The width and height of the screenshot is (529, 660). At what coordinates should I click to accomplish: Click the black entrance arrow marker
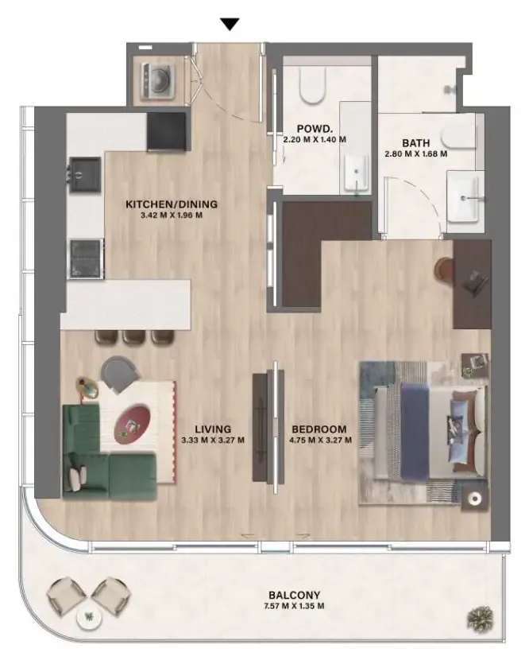(230, 24)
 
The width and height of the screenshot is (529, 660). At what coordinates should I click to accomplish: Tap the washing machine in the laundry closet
(158, 81)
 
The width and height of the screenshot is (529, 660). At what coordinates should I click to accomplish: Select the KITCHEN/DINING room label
(171, 204)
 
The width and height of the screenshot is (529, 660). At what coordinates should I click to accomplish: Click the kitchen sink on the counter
(85, 174)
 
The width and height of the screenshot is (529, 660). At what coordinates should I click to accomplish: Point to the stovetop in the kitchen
(87, 258)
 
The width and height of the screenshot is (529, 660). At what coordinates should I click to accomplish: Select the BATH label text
(416, 143)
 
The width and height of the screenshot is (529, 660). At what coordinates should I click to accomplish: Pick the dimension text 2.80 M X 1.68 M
(416, 154)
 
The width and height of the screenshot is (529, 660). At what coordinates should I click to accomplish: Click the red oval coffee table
(132, 425)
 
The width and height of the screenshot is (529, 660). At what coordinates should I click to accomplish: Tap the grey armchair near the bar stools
(120, 374)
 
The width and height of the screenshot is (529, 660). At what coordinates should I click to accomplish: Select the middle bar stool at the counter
(134, 336)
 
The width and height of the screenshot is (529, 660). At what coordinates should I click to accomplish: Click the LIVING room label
(213, 429)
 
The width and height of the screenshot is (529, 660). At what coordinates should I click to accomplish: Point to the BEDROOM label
(319, 429)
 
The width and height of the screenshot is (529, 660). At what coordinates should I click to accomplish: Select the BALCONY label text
(295, 595)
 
